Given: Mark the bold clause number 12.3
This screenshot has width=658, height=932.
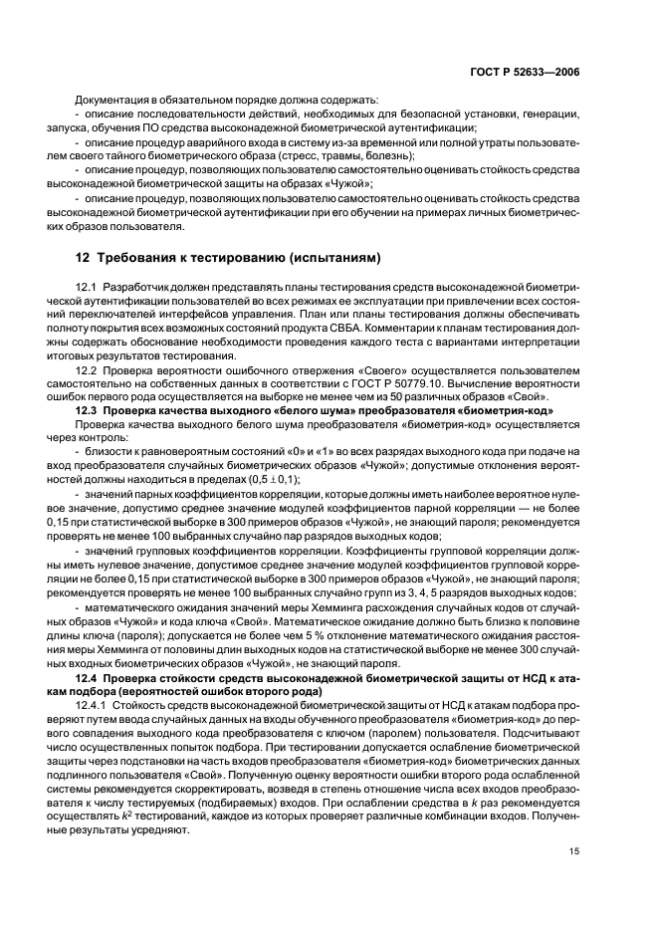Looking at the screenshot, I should click(88, 410).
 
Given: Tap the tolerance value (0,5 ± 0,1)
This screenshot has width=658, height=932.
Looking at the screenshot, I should click(268, 478).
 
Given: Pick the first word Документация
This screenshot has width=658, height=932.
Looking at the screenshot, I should click(110, 101).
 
